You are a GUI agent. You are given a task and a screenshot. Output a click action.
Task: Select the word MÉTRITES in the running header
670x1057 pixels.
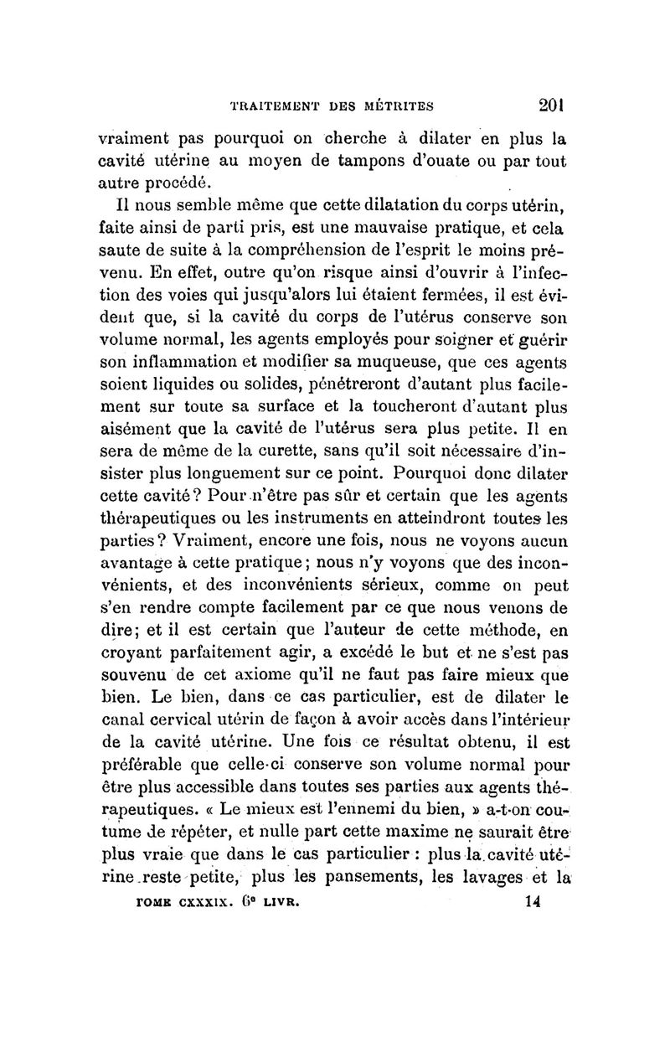point(398,106)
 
